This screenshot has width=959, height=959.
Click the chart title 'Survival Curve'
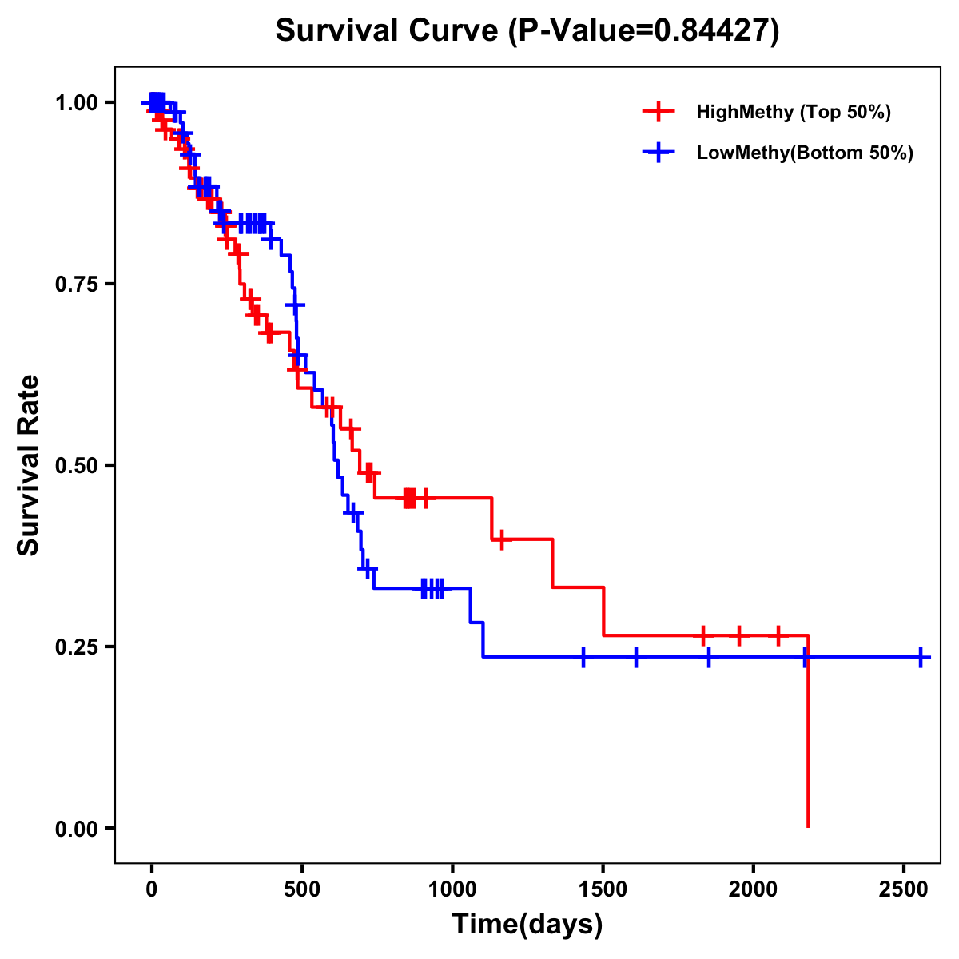coord(388,31)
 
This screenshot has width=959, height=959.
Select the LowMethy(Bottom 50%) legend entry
coord(804,153)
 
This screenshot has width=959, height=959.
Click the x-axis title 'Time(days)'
coord(527,925)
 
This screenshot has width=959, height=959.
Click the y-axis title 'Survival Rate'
coord(30,465)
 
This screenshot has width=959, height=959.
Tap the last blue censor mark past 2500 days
coord(921,657)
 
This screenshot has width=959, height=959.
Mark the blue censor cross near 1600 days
coord(636,657)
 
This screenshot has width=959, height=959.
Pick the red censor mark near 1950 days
coord(739,635)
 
